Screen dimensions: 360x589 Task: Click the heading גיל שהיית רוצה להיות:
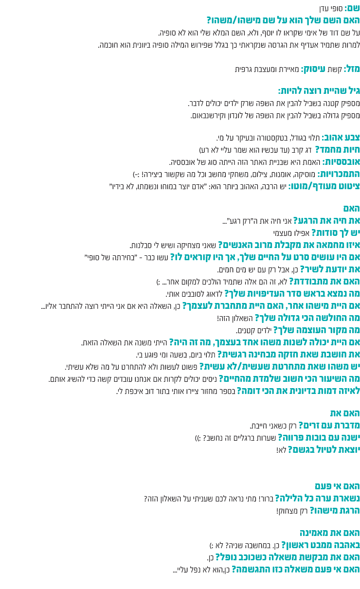click(319, 91)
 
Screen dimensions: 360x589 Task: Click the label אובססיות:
click(340, 161)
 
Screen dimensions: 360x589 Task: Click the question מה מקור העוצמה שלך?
click(317, 330)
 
